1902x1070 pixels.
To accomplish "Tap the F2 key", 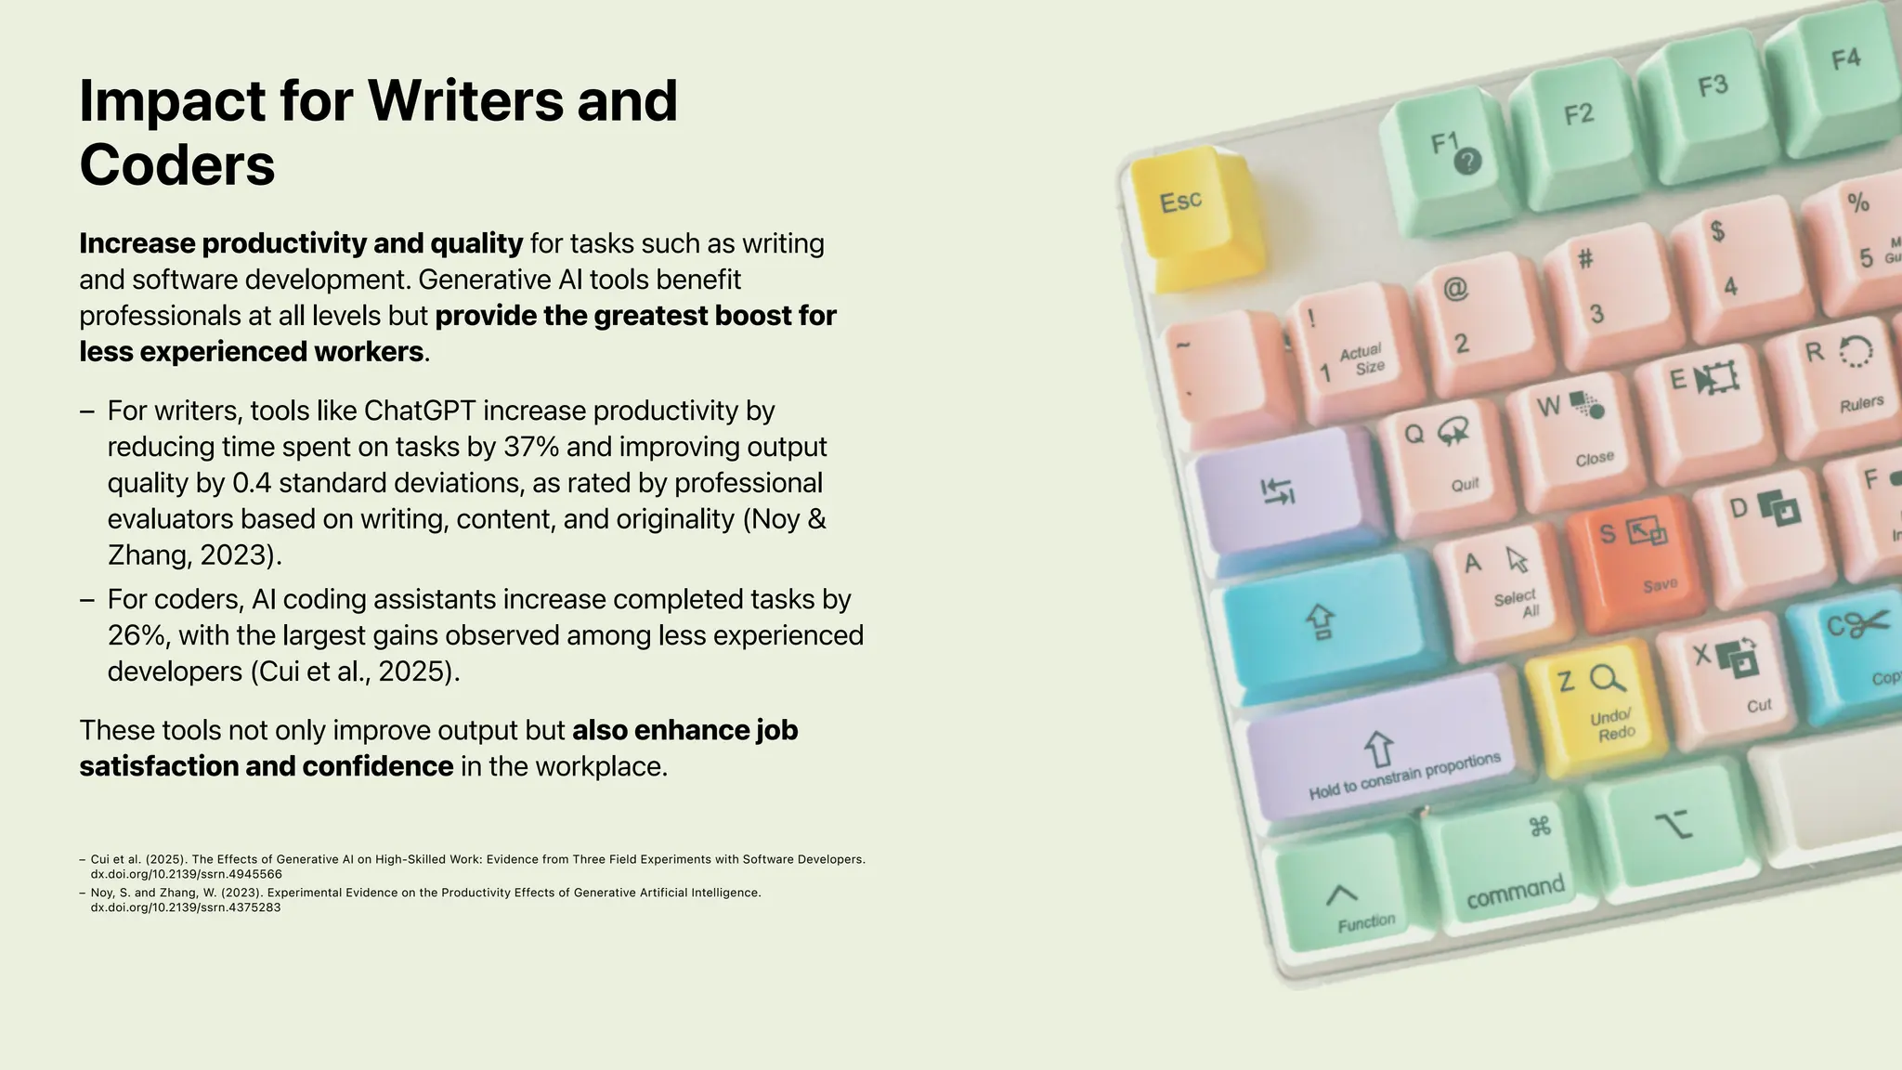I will (x=1578, y=125).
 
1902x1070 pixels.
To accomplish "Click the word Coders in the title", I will (x=177, y=164).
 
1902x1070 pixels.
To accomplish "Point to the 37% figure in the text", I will (x=531, y=447).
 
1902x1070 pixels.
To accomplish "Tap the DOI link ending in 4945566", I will (x=186, y=874).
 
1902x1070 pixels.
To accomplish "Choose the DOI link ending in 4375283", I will (x=185, y=907).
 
